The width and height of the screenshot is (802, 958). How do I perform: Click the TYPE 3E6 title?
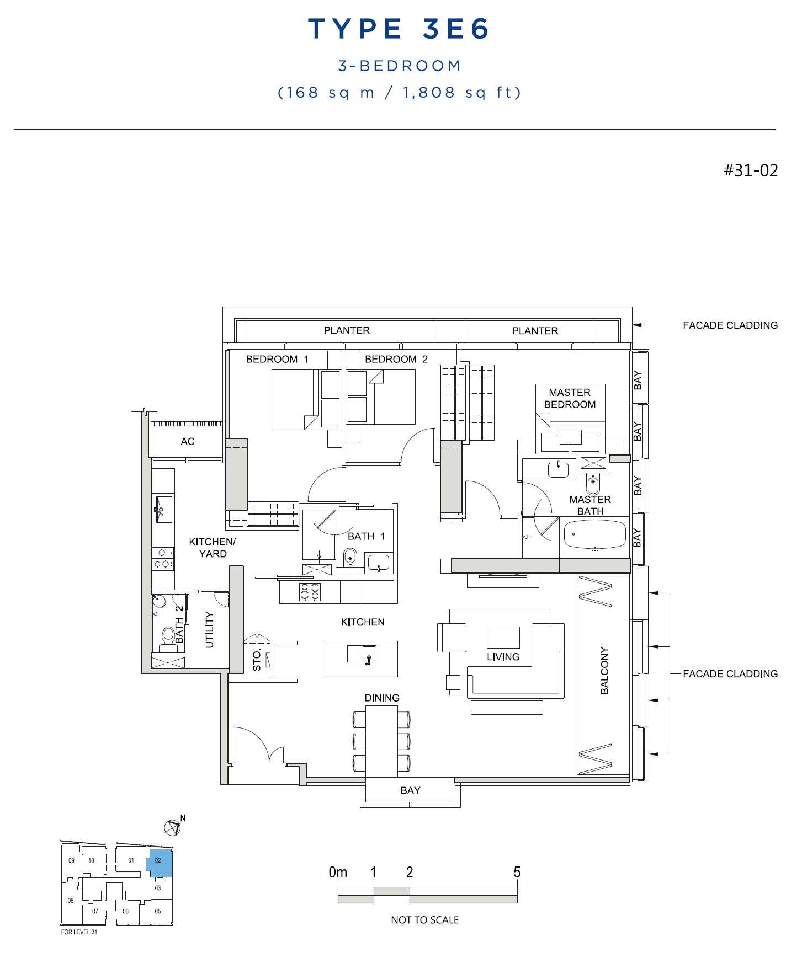[x=399, y=29]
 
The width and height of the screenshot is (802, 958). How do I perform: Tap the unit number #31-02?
[x=751, y=170]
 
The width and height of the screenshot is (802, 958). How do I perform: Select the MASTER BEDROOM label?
[x=570, y=398]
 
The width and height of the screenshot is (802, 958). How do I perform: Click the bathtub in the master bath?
[x=595, y=534]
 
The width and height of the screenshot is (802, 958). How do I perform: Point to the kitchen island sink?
[x=369, y=654]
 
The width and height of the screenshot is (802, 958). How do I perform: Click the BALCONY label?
[x=604, y=671]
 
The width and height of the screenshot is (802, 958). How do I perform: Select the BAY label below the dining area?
[x=410, y=790]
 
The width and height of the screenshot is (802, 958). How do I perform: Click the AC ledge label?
[x=188, y=441]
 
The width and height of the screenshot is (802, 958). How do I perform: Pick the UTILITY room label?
[x=209, y=629]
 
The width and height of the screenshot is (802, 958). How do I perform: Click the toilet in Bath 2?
[x=167, y=639]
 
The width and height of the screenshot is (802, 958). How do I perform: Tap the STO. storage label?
[x=257, y=660]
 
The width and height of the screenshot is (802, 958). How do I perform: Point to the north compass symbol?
[x=173, y=827]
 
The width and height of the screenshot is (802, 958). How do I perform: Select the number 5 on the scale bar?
[x=517, y=872]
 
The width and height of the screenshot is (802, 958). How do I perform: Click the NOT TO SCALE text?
[x=424, y=920]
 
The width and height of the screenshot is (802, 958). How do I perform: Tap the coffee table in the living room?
[x=503, y=637]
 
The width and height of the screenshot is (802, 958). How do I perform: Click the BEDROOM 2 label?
[x=396, y=359]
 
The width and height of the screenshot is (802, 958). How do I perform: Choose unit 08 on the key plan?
[x=71, y=901]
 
